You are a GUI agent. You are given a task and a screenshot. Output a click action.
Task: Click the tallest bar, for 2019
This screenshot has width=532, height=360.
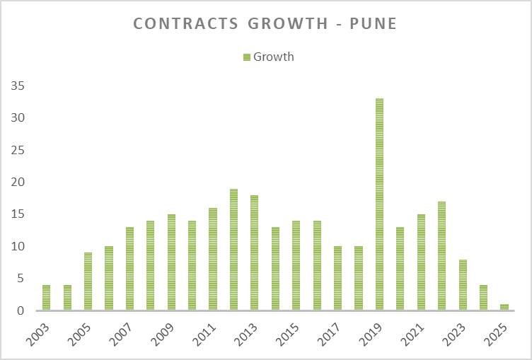(379, 204)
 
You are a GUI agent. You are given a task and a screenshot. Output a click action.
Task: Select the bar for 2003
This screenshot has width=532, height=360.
(46, 298)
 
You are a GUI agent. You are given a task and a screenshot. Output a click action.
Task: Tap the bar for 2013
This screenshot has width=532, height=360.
(254, 252)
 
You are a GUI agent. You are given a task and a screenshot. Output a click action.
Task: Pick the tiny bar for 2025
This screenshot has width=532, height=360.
(504, 308)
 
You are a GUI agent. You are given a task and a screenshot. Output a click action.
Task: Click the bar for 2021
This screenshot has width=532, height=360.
(421, 262)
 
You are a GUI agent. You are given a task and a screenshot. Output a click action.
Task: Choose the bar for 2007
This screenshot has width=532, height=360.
(129, 269)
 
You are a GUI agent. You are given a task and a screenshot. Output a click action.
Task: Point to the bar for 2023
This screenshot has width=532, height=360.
(463, 285)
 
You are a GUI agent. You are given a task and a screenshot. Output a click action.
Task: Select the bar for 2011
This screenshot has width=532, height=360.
(213, 259)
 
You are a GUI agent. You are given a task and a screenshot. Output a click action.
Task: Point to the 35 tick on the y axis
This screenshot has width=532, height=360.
(18, 86)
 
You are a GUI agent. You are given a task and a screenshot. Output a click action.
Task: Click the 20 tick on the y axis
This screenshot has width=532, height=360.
(18, 182)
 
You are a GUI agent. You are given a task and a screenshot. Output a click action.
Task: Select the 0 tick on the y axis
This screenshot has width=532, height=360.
(21, 311)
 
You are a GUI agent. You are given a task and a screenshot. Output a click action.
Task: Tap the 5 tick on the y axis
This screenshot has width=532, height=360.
(21, 279)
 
